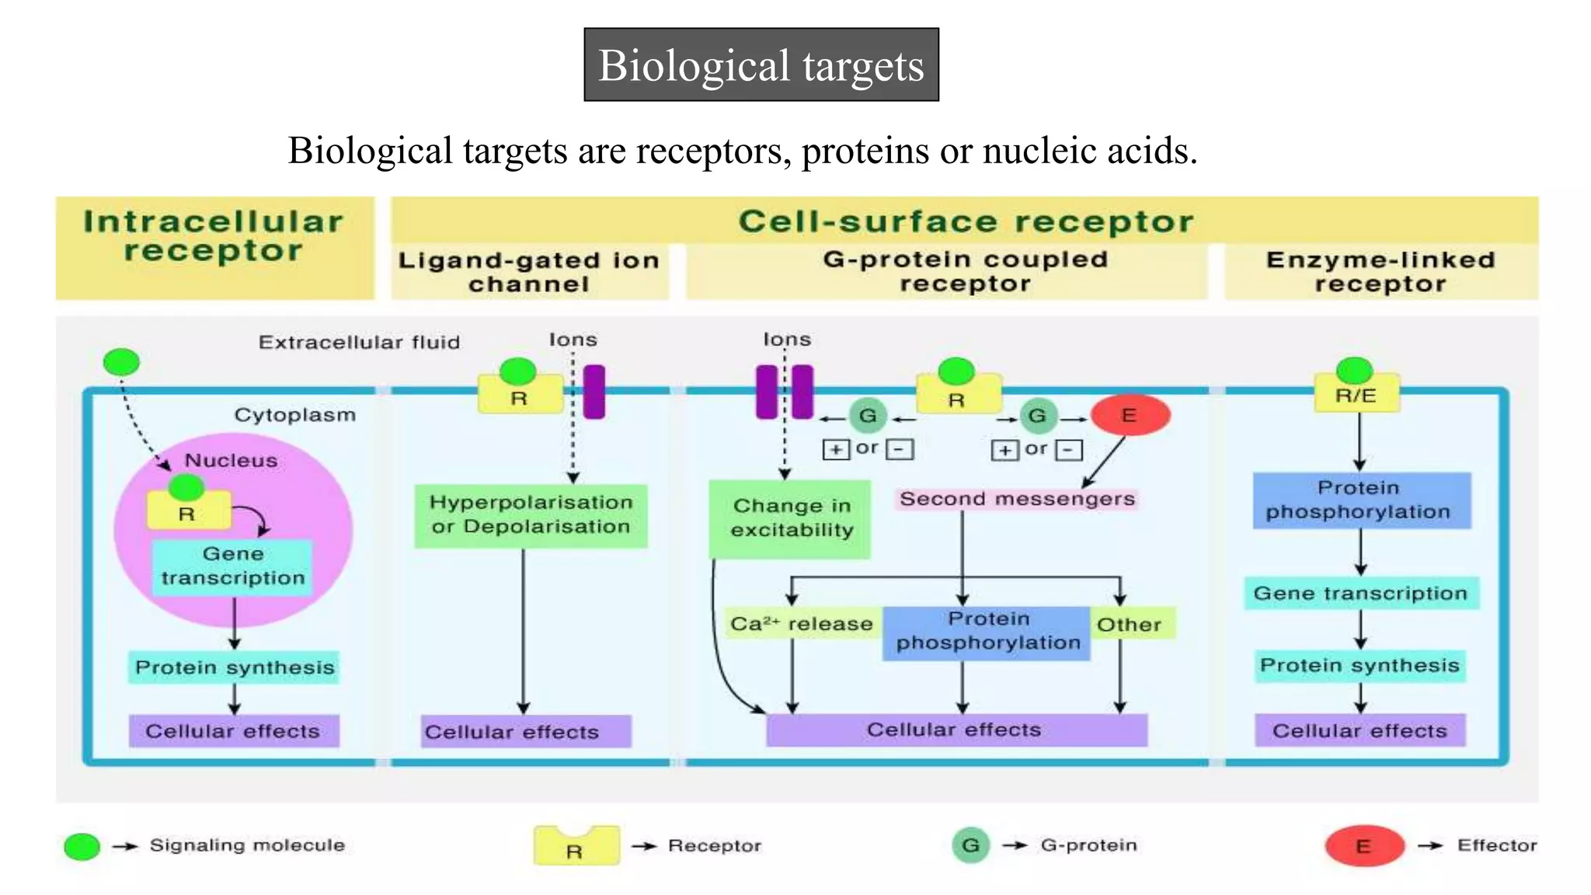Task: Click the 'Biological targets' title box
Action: [x=761, y=64]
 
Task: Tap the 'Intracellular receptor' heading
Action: [x=214, y=236]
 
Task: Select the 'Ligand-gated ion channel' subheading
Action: [x=528, y=271]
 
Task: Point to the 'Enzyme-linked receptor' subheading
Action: [x=1380, y=271]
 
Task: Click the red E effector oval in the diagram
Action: [x=1130, y=415]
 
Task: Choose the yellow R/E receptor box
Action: [x=1356, y=395]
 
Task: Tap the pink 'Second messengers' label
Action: [x=1017, y=499]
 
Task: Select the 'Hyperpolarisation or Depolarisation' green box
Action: [x=531, y=515]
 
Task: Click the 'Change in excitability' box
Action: [x=790, y=518]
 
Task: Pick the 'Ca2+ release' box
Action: [x=801, y=624]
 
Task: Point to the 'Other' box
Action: [x=1129, y=624]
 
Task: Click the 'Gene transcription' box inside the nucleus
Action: [x=232, y=566]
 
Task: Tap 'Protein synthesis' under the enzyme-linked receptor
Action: [x=1359, y=666]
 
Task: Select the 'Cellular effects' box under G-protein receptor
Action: [x=955, y=730]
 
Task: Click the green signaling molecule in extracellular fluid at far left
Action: [x=121, y=362]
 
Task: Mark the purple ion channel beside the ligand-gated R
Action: [x=594, y=392]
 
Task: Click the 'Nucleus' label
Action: [x=231, y=460]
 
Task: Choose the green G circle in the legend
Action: [x=970, y=845]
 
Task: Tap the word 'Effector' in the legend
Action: [x=1496, y=845]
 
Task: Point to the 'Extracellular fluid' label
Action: [x=359, y=342]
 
